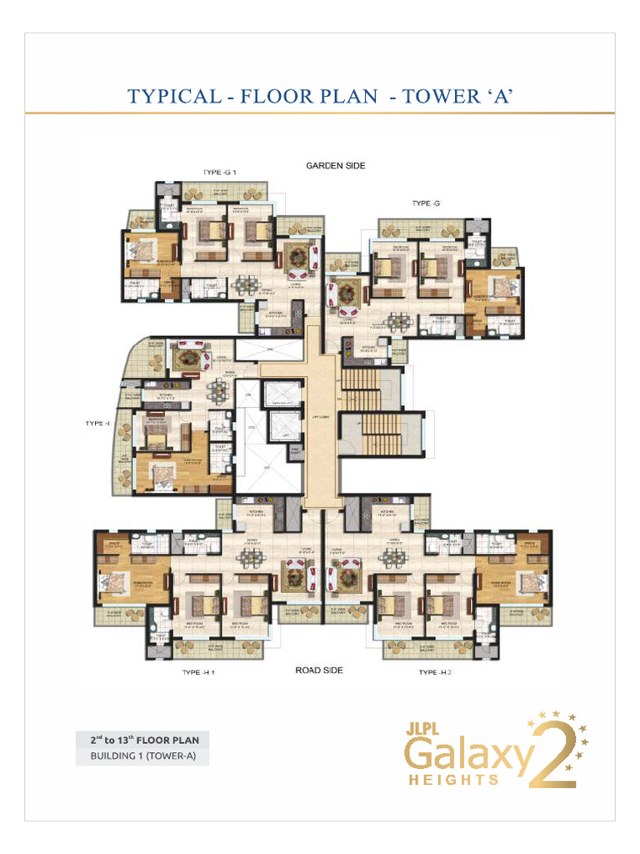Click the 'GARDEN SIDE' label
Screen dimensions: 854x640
pyautogui.click(x=335, y=166)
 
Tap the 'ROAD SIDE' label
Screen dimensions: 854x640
pyautogui.click(x=319, y=670)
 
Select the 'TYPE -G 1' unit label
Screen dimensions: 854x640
pyautogui.click(x=220, y=173)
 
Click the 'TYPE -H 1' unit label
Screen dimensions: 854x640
pyautogui.click(x=202, y=672)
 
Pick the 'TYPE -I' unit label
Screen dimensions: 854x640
pyautogui.click(x=97, y=423)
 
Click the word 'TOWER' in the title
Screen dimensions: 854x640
pyautogui.click(x=442, y=96)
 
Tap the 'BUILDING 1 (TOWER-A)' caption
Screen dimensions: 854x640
pyautogui.click(x=141, y=757)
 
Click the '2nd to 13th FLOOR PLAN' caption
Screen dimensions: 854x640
pyautogui.click(x=141, y=740)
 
